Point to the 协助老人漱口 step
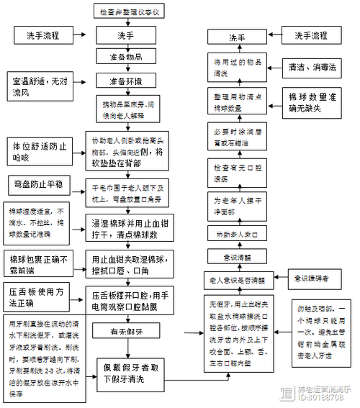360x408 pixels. point(237,235)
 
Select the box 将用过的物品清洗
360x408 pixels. point(237,67)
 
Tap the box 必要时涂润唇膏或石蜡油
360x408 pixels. point(237,137)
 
